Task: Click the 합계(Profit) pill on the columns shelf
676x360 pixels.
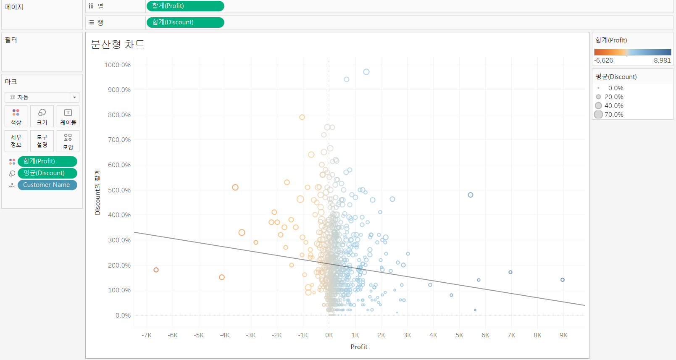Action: [x=185, y=6]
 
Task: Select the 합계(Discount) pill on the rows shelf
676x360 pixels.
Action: [x=185, y=22]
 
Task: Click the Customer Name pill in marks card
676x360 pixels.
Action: [x=47, y=185]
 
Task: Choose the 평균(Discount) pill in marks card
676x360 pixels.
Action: [x=47, y=173]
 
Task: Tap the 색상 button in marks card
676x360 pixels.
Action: [x=16, y=116]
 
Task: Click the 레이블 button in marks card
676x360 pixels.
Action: [x=68, y=116]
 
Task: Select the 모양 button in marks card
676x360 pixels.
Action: [x=68, y=142]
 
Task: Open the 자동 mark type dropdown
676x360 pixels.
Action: [x=42, y=97]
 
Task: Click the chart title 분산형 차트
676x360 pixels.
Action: [x=118, y=45]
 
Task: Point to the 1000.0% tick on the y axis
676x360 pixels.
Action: [x=118, y=65]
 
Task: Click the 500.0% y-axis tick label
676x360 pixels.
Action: [x=119, y=190]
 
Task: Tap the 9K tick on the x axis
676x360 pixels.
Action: [x=563, y=335]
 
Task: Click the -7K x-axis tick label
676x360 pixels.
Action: [x=147, y=335]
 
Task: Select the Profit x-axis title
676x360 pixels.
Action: [x=359, y=347]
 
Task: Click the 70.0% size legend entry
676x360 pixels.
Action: [x=613, y=115]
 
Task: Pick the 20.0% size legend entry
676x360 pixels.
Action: [x=613, y=97]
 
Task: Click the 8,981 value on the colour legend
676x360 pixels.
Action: [x=662, y=60]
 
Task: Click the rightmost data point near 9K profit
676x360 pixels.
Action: [x=563, y=280]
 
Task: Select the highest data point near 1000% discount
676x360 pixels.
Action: [x=366, y=72]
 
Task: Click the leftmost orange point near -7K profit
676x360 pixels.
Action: [x=156, y=270]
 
